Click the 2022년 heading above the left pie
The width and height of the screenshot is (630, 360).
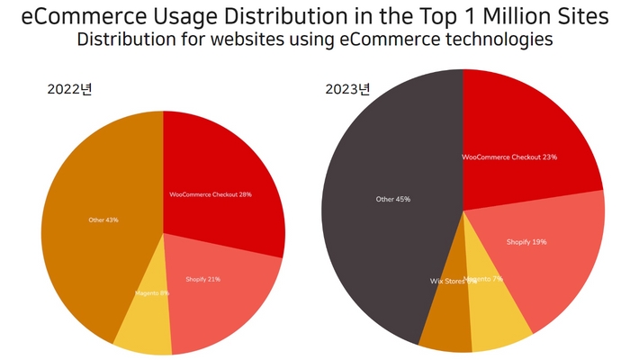70,89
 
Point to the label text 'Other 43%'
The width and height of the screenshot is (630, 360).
103,220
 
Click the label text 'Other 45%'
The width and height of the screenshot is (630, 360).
393,199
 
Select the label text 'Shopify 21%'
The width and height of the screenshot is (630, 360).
202,279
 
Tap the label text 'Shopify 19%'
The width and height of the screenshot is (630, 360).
526,242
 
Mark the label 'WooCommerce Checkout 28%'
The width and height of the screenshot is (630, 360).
210,194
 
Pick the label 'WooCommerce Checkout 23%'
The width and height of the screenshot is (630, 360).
509,157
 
